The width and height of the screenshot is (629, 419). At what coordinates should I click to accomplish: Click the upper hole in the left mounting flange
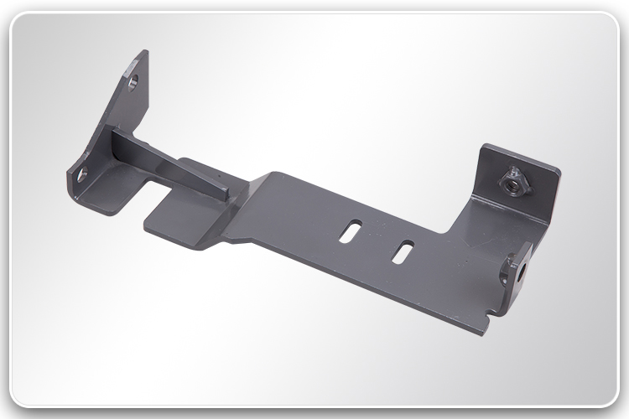[133, 82]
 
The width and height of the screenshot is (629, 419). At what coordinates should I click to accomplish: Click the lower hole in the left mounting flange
[81, 173]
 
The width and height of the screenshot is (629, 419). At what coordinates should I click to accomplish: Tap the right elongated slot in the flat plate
[403, 251]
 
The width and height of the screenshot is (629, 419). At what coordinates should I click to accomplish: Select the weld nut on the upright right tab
[509, 181]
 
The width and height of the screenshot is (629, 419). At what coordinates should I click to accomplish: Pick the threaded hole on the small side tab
[521, 268]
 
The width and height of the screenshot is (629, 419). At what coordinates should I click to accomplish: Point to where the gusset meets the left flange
[117, 138]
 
